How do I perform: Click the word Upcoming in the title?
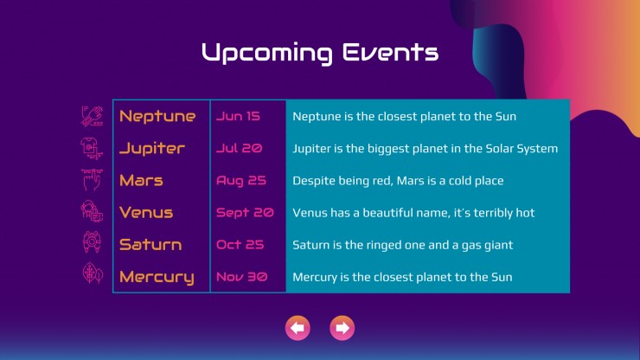pyautogui.click(x=267, y=54)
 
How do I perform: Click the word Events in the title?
pyautogui.click(x=391, y=52)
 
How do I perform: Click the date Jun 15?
pyautogui.click(x=238, y=116)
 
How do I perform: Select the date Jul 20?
pyautogui.click(x=240, y=148)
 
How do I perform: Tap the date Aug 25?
pyautogui.click(x=241, y=181)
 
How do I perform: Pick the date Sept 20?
pyautogui.click(x=245, y=213)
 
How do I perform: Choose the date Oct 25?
pyautogui.click(x=240, y=244)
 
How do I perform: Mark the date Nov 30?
pyautogui.click(x=241, y=277)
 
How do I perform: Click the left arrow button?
pyautogui.click(x=298, y=328)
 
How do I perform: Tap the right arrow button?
pyautogui.click(x=342, y=328)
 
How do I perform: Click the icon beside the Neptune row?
pyautogui.click(x=92, y=116)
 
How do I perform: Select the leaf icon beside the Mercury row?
pyautogui.click(x=93, y=273)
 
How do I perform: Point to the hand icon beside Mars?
pyautogui.click(x=92, y=180)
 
